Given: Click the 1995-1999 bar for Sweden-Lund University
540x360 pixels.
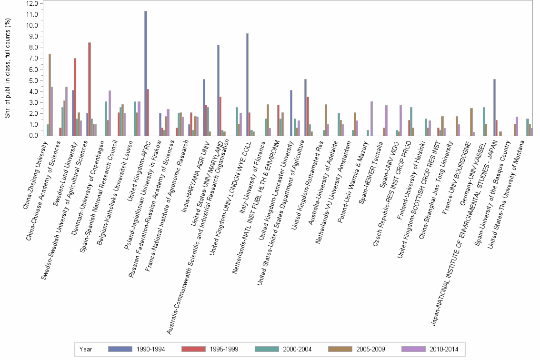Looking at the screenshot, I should (75, 97).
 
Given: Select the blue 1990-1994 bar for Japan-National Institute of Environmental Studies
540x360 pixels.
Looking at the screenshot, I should (494, 108).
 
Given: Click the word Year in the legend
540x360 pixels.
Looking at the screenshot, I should (86, 349).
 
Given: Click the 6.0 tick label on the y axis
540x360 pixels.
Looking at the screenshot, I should (33, 70).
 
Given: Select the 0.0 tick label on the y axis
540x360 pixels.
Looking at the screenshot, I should (33, 136).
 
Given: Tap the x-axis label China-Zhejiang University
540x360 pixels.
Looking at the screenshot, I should (36, 174).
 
